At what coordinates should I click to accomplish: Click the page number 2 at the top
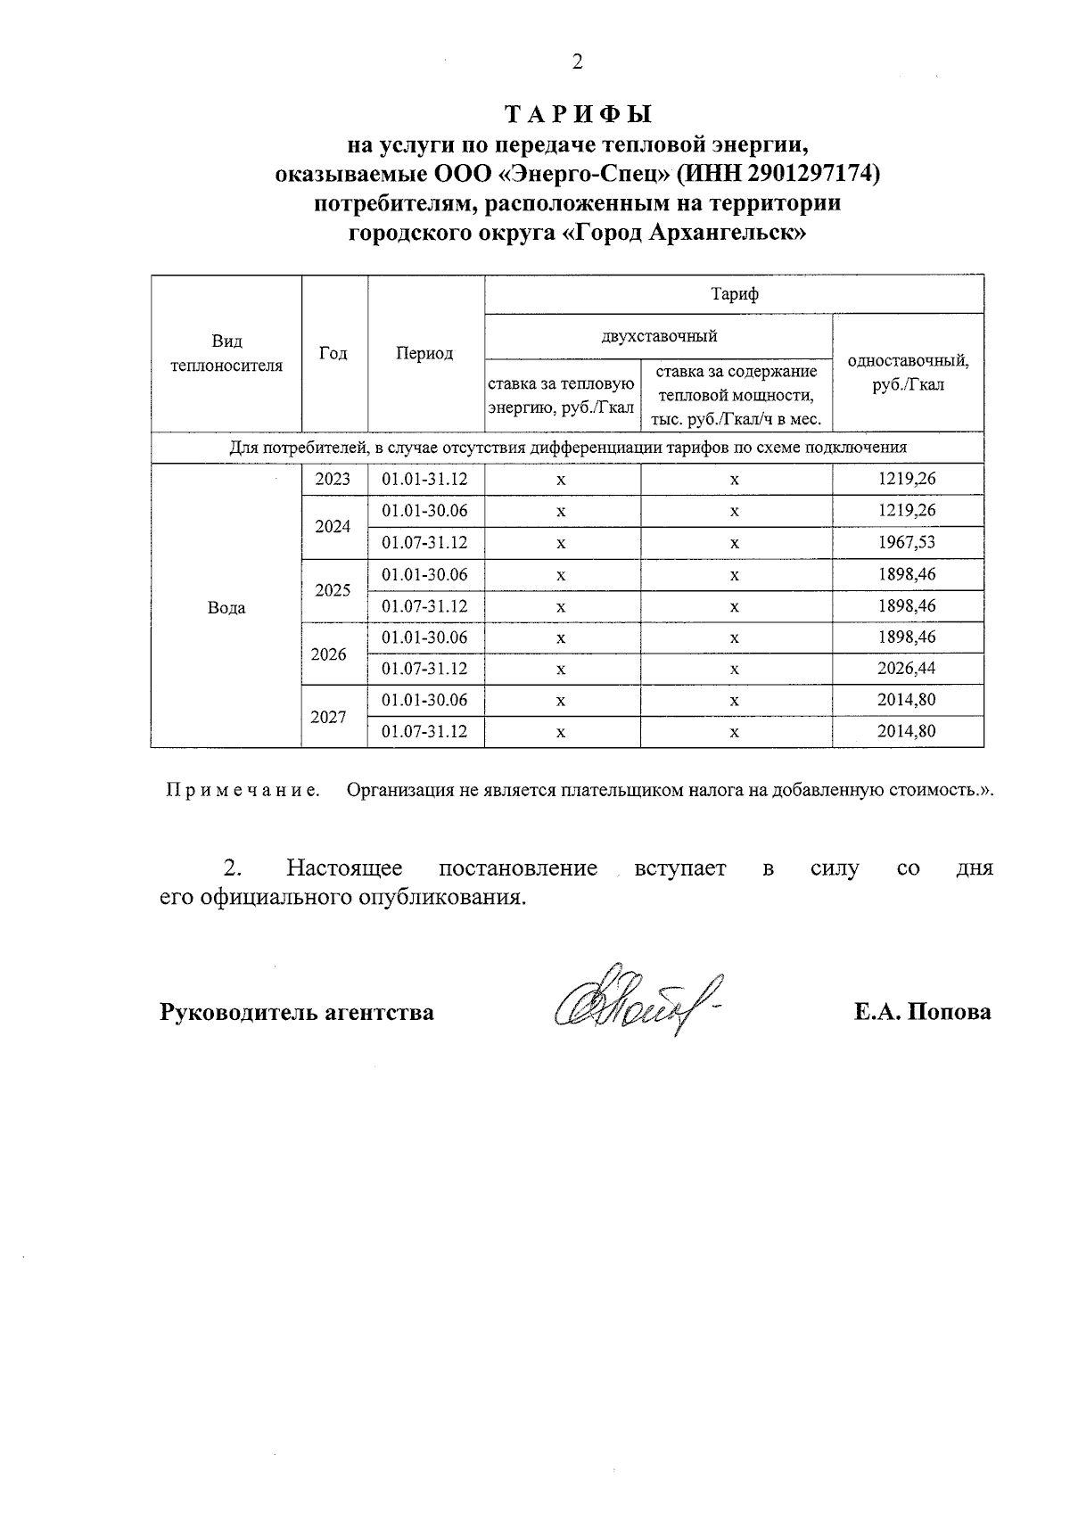tap(578, 62)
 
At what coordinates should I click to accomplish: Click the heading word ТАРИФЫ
tap(579, 114)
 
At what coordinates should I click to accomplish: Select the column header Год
tap(333, 353)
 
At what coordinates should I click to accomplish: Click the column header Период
tap(424, 353)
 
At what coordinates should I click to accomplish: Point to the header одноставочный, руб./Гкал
tap(908, 373)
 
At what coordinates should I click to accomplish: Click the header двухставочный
tap(658, 336)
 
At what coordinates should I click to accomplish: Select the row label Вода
tap(226, 607)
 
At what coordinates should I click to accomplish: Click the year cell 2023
tap(333, 479)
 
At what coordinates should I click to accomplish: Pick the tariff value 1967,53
tap(907, 542)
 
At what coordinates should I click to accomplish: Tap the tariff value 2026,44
tap(907, 669)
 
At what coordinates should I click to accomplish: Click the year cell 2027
tap(328, 716)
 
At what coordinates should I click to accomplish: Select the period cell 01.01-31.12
tap(424, 479)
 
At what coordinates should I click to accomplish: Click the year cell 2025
tap(333, 589)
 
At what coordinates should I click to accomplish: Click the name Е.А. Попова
tap(922, 1012)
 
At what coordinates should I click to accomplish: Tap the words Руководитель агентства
tap(297, 1012)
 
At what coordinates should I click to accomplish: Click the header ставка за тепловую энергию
tap(561, 395)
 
